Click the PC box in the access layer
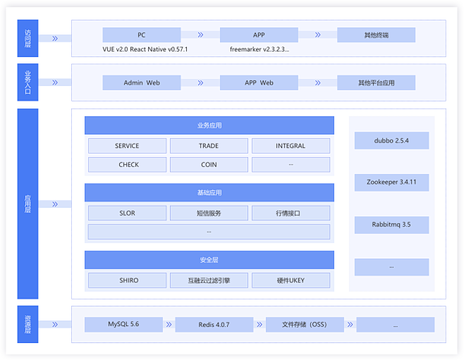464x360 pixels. pos(142,35)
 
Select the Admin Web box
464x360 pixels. pos(142,82)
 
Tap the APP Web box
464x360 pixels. pos(259,82)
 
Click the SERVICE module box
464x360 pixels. pos(127,146)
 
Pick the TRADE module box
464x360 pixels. pos(209,146)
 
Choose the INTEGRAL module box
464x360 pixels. pos(291,146)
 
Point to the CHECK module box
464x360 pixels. pos(127,165)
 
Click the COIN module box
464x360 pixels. pos(209,165)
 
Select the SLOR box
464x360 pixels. pos(127,213)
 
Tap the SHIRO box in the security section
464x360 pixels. pos(127,280)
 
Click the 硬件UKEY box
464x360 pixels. pos(291,280)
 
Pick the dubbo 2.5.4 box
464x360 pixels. pos(391,140)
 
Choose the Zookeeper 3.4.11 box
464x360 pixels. pos(391,182)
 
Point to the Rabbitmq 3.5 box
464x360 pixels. pos(391,225)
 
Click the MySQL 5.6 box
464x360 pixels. pos(123,325)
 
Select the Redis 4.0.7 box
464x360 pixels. pos(214,325)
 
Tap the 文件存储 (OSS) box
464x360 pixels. pos(305,325)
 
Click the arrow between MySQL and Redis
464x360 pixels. pos(169,325)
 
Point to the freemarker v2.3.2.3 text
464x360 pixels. pos(260,49)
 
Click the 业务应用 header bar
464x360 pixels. pos(209,125)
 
